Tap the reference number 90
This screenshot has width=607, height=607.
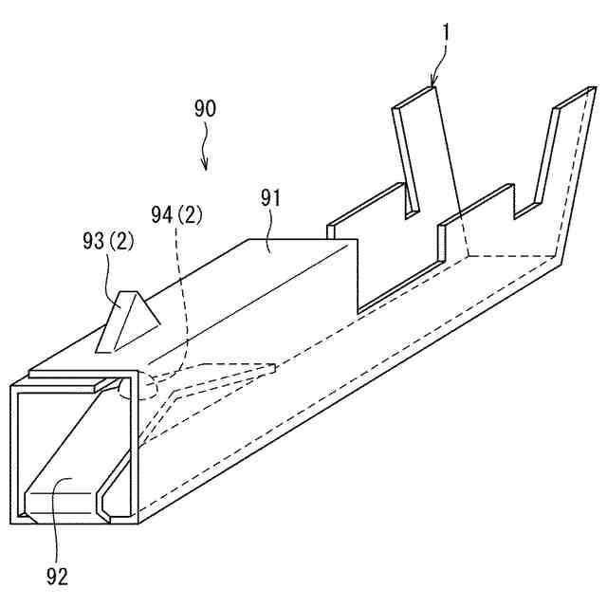coord(205,108)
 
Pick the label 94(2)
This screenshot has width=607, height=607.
coord(175,215)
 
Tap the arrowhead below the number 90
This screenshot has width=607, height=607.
coord(206,167)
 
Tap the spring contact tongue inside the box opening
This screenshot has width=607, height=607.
coord(66,493)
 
